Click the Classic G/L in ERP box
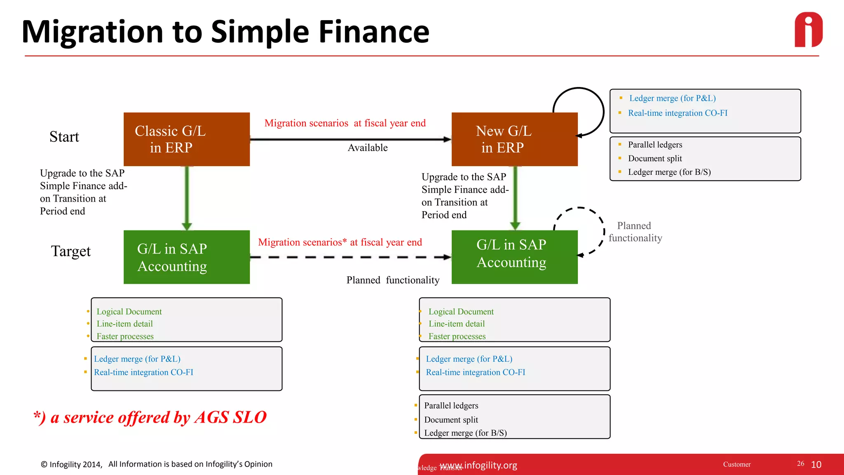coord(186,139)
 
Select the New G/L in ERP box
coord(514,139)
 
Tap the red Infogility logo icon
coord(809,30)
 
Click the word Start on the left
coord(64,137)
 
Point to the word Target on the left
coord(70,251)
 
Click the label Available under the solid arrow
coord(368,148)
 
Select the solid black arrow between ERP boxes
coord(350,139)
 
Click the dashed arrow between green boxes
coord(350,257)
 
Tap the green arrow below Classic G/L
coord(187,198)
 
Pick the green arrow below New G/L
coord(515,198)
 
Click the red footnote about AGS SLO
coord(150,417)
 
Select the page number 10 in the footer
coord(816,465)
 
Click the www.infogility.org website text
coord(478,465)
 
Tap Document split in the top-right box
coord(655,158)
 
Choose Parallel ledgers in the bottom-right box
coord(451,406)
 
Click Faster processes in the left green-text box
coord(125,336)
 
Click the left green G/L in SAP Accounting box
coord(186,257)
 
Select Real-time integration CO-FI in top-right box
coord(678,113)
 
